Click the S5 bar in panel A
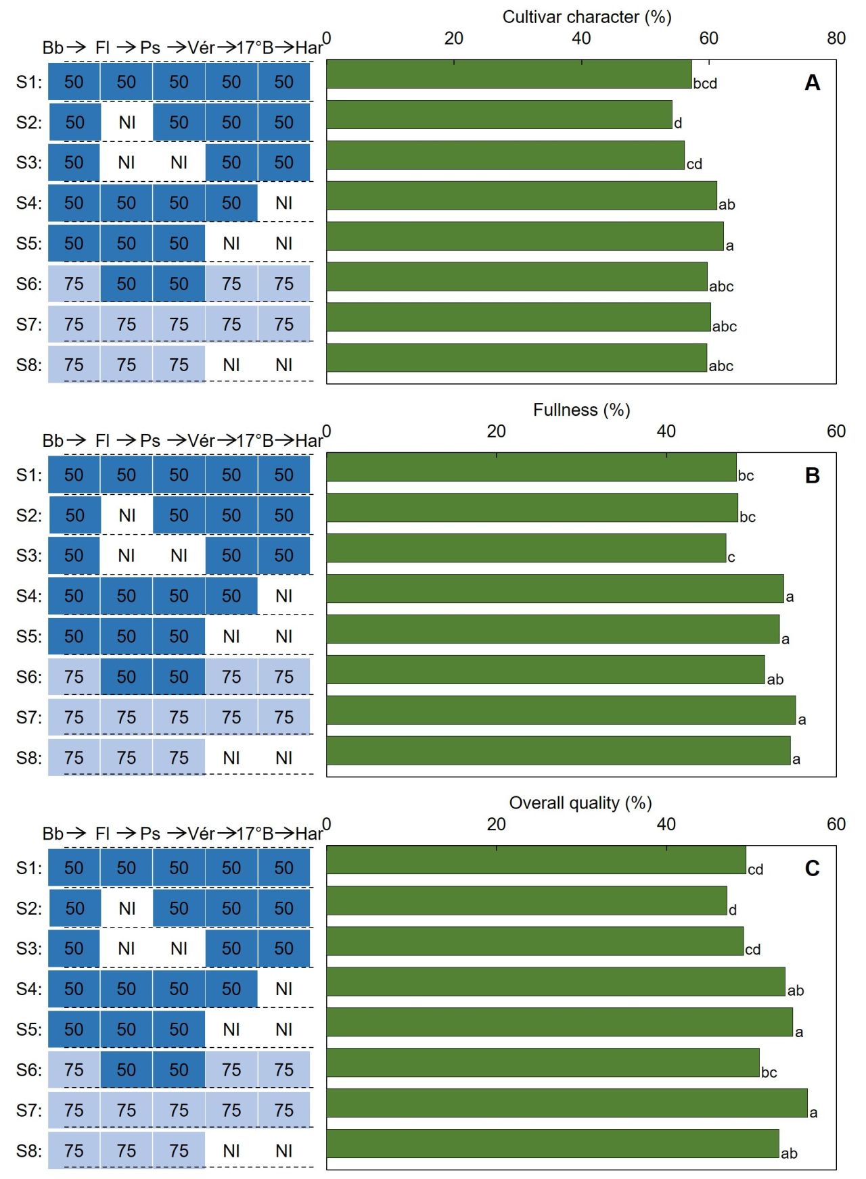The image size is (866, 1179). pos(525,237)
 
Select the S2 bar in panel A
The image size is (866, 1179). pos(499,115)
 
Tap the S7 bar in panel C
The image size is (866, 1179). pos(567,1103)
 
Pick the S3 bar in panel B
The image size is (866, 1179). pos(526,548)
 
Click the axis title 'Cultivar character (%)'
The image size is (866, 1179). pos(587,17)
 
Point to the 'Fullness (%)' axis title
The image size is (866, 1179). pos(582,410)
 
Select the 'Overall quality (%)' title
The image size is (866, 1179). pos(580,802)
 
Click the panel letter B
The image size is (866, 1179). pos(813,476)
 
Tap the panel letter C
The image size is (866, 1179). pos(813,868)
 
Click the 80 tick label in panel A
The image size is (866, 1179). pos(836,39)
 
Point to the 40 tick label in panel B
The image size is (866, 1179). pos(666,431)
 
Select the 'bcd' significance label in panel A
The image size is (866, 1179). pos(705,84)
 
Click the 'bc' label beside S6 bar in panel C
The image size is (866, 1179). pos(769,1073)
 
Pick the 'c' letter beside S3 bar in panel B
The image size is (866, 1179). pos(731,558)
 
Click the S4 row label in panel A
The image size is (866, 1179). pos(29,203)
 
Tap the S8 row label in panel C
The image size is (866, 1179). pos(29,1151)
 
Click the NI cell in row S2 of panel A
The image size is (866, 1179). pos(127,122)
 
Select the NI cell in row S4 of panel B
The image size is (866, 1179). pos(284,596)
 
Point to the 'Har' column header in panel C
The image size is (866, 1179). pos(309,834)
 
